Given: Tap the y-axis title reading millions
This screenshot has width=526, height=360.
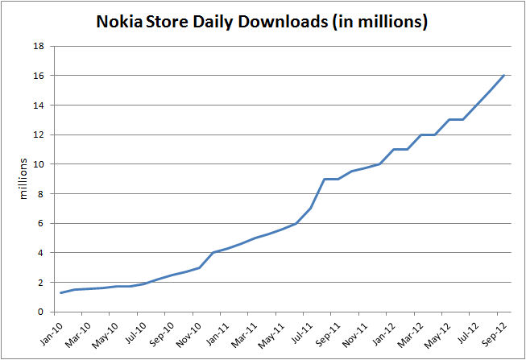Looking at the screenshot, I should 23,179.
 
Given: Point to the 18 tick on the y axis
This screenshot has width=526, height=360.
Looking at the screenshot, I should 38,46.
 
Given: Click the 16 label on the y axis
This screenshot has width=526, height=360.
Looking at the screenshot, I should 38,76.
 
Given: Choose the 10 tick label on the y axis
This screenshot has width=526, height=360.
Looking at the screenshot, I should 38,164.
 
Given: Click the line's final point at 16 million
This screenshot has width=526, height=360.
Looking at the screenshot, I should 504,76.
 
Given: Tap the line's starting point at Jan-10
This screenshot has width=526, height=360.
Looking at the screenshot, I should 60,292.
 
